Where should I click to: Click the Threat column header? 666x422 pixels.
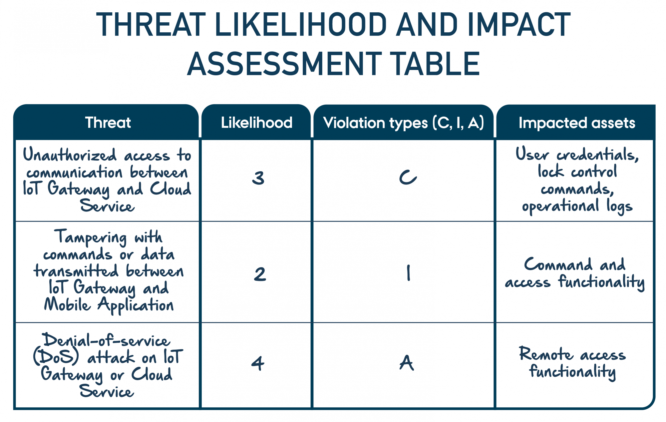108,123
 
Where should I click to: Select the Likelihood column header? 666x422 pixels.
256,123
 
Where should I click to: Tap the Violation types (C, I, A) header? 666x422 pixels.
403,123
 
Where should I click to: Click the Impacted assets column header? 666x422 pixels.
577,123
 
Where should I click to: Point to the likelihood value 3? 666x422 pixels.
258,178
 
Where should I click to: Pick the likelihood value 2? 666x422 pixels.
260,274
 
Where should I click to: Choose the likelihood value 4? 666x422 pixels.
258,363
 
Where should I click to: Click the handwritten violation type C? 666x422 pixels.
408,177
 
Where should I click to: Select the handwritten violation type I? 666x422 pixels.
409,273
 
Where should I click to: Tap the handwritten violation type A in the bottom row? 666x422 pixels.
407,363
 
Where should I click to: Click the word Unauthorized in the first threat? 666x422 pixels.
70,155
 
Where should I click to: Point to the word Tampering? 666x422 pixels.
91,237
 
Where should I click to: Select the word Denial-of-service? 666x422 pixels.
106,340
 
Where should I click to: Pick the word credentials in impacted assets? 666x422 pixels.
597,155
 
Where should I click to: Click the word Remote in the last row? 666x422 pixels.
546,354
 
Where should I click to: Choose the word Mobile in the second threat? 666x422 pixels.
67,304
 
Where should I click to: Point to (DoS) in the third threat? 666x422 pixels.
56,357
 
